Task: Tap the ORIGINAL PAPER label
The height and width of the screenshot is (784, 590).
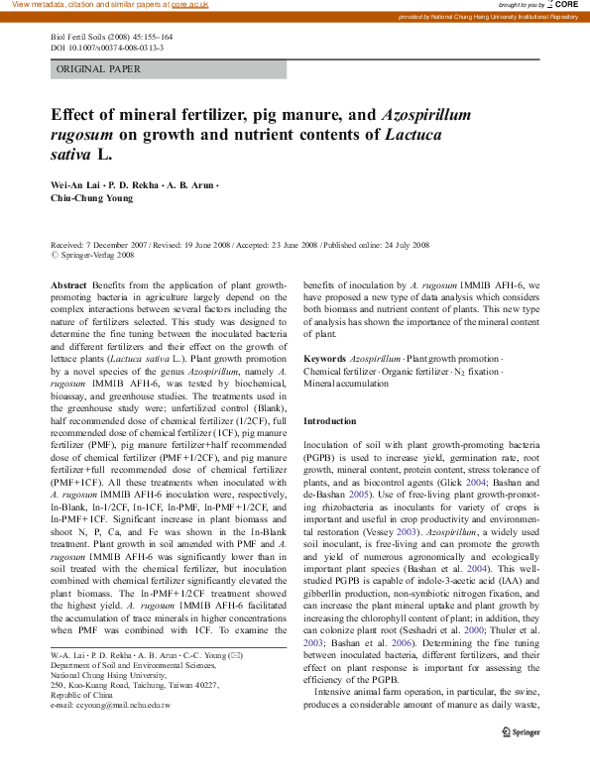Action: tap(99, 69)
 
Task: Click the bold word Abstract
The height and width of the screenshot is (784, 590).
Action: tap(68, 284)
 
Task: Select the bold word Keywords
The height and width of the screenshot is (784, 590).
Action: tap(324, 357)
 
